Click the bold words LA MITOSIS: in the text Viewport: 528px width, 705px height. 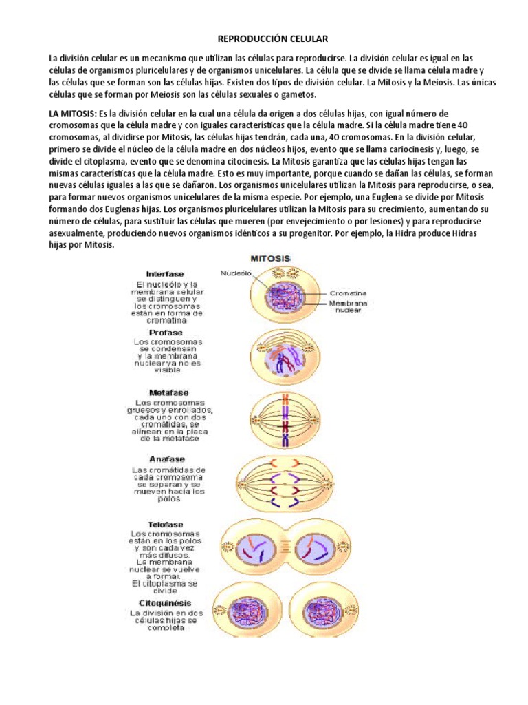tap(71, 113)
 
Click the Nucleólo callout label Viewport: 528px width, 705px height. tap(237, 272)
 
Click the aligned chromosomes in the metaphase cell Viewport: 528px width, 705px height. tap(285, 417)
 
